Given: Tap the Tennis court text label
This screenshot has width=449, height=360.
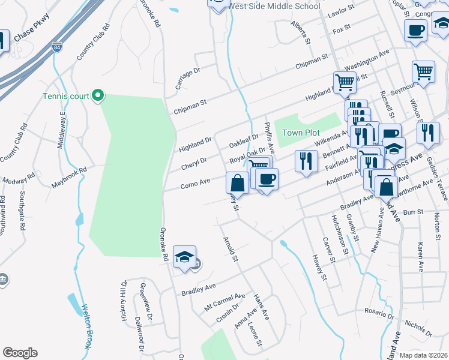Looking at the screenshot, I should (65, 96).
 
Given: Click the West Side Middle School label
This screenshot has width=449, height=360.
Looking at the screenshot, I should (274, 7).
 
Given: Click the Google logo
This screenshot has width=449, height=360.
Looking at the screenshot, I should (20, 353).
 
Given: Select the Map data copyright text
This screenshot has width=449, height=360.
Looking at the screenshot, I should (423, 355).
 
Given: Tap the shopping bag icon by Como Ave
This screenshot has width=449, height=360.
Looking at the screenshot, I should (238, 182).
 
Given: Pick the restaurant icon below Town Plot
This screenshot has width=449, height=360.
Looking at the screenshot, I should (306, 161).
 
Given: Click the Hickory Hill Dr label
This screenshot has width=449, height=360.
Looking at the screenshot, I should (124, 300).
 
